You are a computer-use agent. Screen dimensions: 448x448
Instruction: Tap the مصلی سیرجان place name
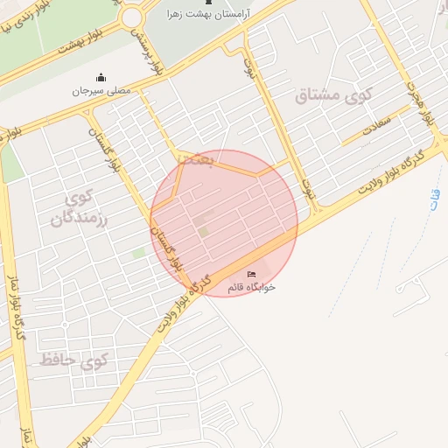(100, 90)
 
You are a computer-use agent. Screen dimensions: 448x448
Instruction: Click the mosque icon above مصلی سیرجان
(100, 77)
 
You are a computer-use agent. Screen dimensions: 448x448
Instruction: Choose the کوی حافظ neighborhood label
(73, 360)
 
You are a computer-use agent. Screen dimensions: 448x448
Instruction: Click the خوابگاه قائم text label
(251, 286)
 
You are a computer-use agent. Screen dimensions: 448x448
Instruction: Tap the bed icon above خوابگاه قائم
(252, 275)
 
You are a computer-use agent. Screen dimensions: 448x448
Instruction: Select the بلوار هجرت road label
(420, 101)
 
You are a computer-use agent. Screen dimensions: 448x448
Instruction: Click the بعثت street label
(191, 159)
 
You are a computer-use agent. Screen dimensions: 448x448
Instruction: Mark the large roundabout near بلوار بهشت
(133, 16)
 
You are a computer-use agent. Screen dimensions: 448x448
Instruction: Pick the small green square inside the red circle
(203, 231)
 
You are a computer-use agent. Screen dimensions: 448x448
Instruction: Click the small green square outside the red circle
(138, 252)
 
